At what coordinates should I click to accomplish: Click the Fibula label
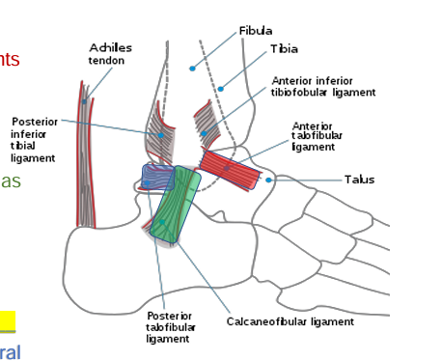pos(256,31)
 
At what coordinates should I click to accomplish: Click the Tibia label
pos(284,48)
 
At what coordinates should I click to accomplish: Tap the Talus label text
pos(359,180)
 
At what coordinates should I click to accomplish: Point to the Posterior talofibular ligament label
pos(169,327)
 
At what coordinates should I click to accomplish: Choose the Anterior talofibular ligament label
pos(314,136)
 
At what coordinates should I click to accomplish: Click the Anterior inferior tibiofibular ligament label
pos(323,87)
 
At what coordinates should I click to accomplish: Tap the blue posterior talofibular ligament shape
pos(154,177)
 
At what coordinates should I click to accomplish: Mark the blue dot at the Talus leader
pos(269,180)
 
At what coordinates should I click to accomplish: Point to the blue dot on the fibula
pos(192,69)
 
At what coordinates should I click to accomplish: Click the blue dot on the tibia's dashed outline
pos(220,89)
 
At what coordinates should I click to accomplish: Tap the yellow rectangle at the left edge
pos(7,320)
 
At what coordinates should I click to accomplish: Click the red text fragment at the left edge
pos(9,60)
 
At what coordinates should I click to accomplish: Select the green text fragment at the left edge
pos(10,181)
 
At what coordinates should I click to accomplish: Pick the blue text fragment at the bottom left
pos(9,352)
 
